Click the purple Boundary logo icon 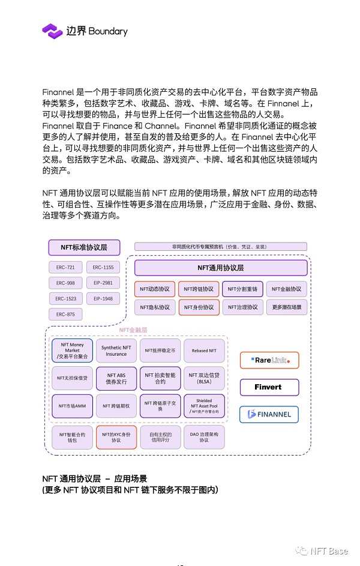[52, 31]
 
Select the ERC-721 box [65, 267]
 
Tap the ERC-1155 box [103, 267]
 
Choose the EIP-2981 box [103, 283]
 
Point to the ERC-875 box [65, 314]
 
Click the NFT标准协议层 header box [84, 247]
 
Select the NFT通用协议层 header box [220, 268]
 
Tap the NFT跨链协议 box [199, 289]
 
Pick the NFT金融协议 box [286, 289]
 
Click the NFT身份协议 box [199, 307]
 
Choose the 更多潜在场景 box [286, 307]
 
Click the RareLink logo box [269, 360]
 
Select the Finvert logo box [269, 387]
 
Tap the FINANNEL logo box [269, 414]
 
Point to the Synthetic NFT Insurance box [116, 351]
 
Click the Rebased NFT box [204, 351]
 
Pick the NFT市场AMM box [72, 406]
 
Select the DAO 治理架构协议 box [204, 437]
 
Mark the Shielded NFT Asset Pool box [204, 406]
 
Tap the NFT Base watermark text [328, 552]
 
